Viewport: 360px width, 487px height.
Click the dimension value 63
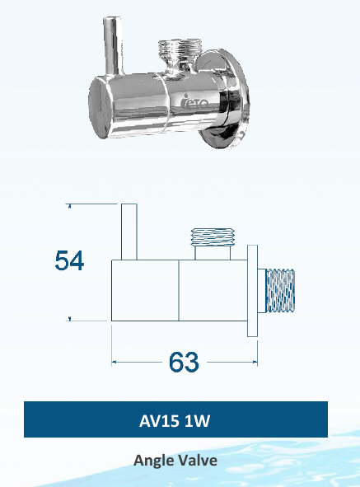coord(183,361)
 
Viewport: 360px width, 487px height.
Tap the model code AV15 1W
coord(175,421)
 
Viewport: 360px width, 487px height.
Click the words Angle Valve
coord(175,461)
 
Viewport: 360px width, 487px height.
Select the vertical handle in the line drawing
coord(129,232)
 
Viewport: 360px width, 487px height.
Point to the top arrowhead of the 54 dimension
coord(69,207)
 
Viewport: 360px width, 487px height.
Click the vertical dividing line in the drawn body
coord(179,290)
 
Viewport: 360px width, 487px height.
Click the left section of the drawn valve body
coord(145,290)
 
